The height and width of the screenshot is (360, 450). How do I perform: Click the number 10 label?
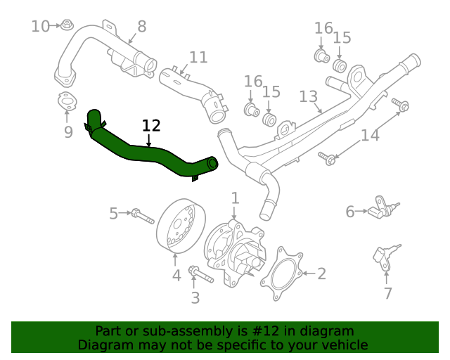pos(40,27)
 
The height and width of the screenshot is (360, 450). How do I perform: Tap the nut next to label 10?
pos(66,27)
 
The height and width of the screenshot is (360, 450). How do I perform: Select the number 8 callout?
pos(141,27)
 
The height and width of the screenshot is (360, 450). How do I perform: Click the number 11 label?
pos(198,57)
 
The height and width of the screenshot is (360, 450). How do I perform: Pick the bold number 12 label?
pos(151,126)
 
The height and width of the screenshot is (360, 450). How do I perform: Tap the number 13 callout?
pos(309,96)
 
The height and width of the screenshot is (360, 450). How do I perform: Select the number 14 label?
pos(370,135)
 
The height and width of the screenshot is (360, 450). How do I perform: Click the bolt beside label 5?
pos(142,214)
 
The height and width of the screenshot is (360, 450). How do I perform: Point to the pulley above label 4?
pos(178,224)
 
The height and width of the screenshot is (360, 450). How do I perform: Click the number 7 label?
pos(387,294)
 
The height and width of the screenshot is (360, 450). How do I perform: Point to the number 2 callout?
pos(321,274)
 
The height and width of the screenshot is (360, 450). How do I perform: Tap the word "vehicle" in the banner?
pos(342,345)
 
